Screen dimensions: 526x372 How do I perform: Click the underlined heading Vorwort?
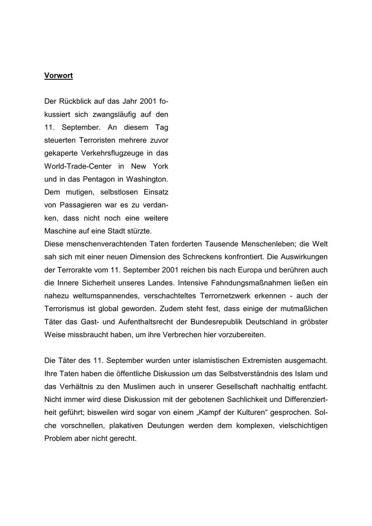coord(58,76)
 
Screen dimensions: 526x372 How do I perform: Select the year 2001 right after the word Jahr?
coord(148,101)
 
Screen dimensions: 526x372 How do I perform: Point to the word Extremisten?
coord(265,361)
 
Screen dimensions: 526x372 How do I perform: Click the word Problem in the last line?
coord(58,438)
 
